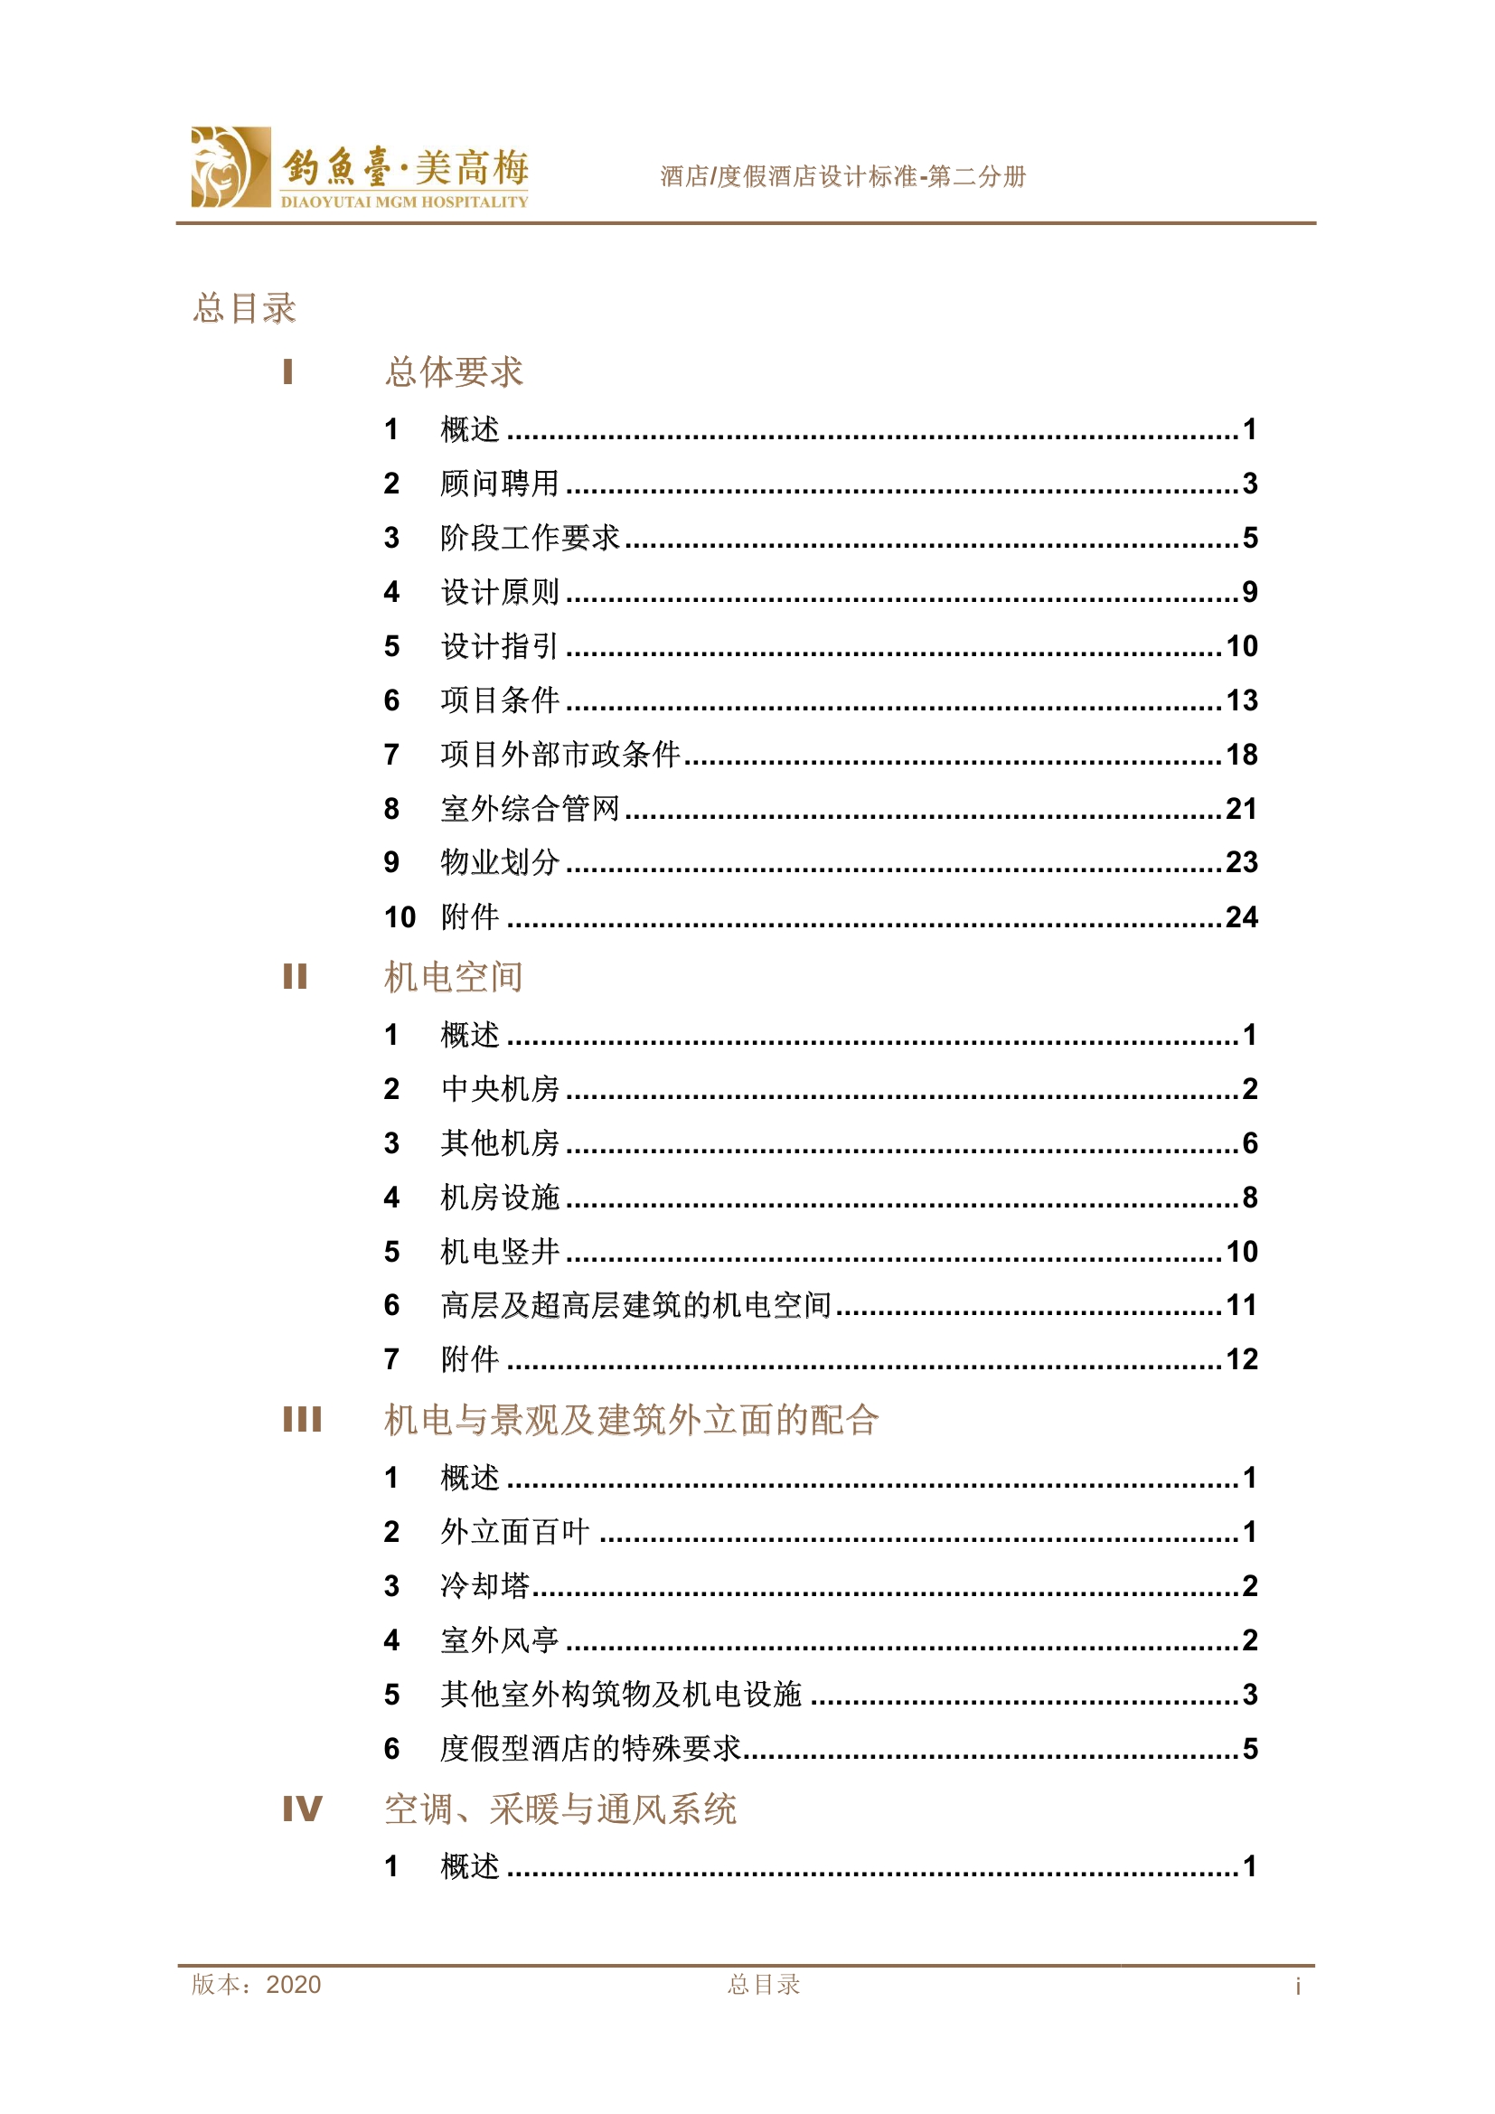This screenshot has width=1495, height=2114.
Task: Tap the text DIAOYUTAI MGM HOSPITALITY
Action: pyautogui.click(x=404, y=202)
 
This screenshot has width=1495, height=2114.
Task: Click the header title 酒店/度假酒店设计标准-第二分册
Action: pyautogui.click(x=842, y=176)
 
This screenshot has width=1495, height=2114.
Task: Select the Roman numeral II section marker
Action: pyautogui.click(x=295, y=976)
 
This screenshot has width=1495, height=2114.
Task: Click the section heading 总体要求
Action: pyautogui.click(x=454, y=372)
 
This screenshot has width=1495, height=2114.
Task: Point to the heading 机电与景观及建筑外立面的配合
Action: pyautogui.click(x=632, y=1420)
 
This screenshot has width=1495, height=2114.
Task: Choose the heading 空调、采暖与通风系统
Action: pyautogui.click(x=559, y=1809)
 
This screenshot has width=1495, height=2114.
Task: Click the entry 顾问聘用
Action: pyautogui.click(x=500, y=484)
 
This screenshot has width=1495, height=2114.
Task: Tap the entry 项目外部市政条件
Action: pyautogui.click(x=560, y=754)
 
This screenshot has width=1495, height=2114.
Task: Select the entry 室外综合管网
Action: pyautogui.click(x=531, y=808)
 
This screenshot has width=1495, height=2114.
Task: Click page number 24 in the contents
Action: pyautogui.click(x=1241, y=917)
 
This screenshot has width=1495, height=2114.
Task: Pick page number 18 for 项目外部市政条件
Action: pyautogui.click(x=1241, y=755)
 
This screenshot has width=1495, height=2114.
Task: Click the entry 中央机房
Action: pyautogui.click(x=500, y=1089)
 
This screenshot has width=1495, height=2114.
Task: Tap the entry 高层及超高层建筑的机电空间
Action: pyautogui.click(x=635, y=1305)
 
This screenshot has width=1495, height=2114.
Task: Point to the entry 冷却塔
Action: pyautogui.click(x=485, y=1585)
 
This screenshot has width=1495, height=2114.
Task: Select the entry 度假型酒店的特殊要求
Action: pyautogui.click(x=590, y=1749)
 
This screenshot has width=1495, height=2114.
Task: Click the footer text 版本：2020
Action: pyautogui.click(x=256, y=1984)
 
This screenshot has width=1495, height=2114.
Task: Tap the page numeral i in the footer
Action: pyautogui.click(x=1297, y=1986)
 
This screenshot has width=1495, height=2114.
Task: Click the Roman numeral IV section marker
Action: pyautogui.click(x=302, y=1809)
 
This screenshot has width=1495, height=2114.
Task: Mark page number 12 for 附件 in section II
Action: pyautogui.click(x=1241, y=1360)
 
